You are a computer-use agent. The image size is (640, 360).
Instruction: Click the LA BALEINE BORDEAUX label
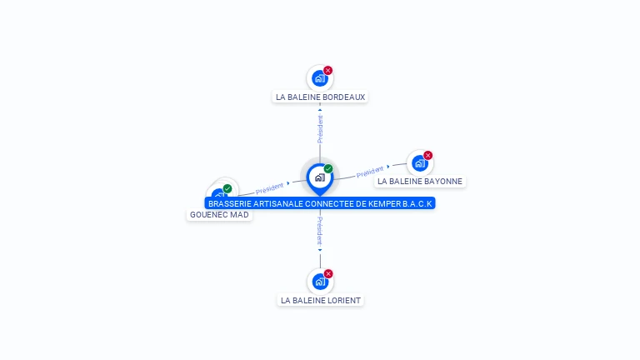click(x=321, y=97)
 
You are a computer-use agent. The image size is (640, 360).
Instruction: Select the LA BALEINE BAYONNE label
click(x=419, y=181)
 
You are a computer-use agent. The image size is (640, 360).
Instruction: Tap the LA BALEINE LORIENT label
click(x=321, y=300)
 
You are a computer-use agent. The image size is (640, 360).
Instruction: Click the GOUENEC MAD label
click(x=219, y=214)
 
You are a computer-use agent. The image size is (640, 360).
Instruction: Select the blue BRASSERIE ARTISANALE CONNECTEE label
click(x=320, y=203)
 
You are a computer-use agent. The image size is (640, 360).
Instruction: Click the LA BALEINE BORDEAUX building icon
click(x=319, y=79)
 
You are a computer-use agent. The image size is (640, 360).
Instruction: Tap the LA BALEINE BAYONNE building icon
click(x=419, y=163)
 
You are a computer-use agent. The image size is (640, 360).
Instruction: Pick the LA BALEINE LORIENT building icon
click(x=320, y=282)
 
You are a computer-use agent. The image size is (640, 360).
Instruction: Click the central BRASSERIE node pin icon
click(x=319, y=177)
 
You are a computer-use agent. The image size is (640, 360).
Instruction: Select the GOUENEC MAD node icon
click(x=218, y=197)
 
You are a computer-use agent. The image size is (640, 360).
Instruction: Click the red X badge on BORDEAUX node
click(x=328, y=71)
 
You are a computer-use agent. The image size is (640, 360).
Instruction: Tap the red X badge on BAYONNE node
click(x=428, y=155)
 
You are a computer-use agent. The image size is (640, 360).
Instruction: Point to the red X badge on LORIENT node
click(x=328, y=274)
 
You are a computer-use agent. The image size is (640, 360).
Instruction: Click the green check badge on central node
click(x=328, y=169)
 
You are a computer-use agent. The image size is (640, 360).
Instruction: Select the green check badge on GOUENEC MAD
click(x=227, y=188)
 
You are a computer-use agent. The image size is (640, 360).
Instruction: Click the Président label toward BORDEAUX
click(x=320, y=129)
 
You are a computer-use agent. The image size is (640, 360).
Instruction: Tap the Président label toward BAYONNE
click(x=369, y=172)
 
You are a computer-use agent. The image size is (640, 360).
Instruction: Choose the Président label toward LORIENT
click(x=320, y=231)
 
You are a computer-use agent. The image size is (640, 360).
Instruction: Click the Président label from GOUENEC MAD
click(x=269, y=187)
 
